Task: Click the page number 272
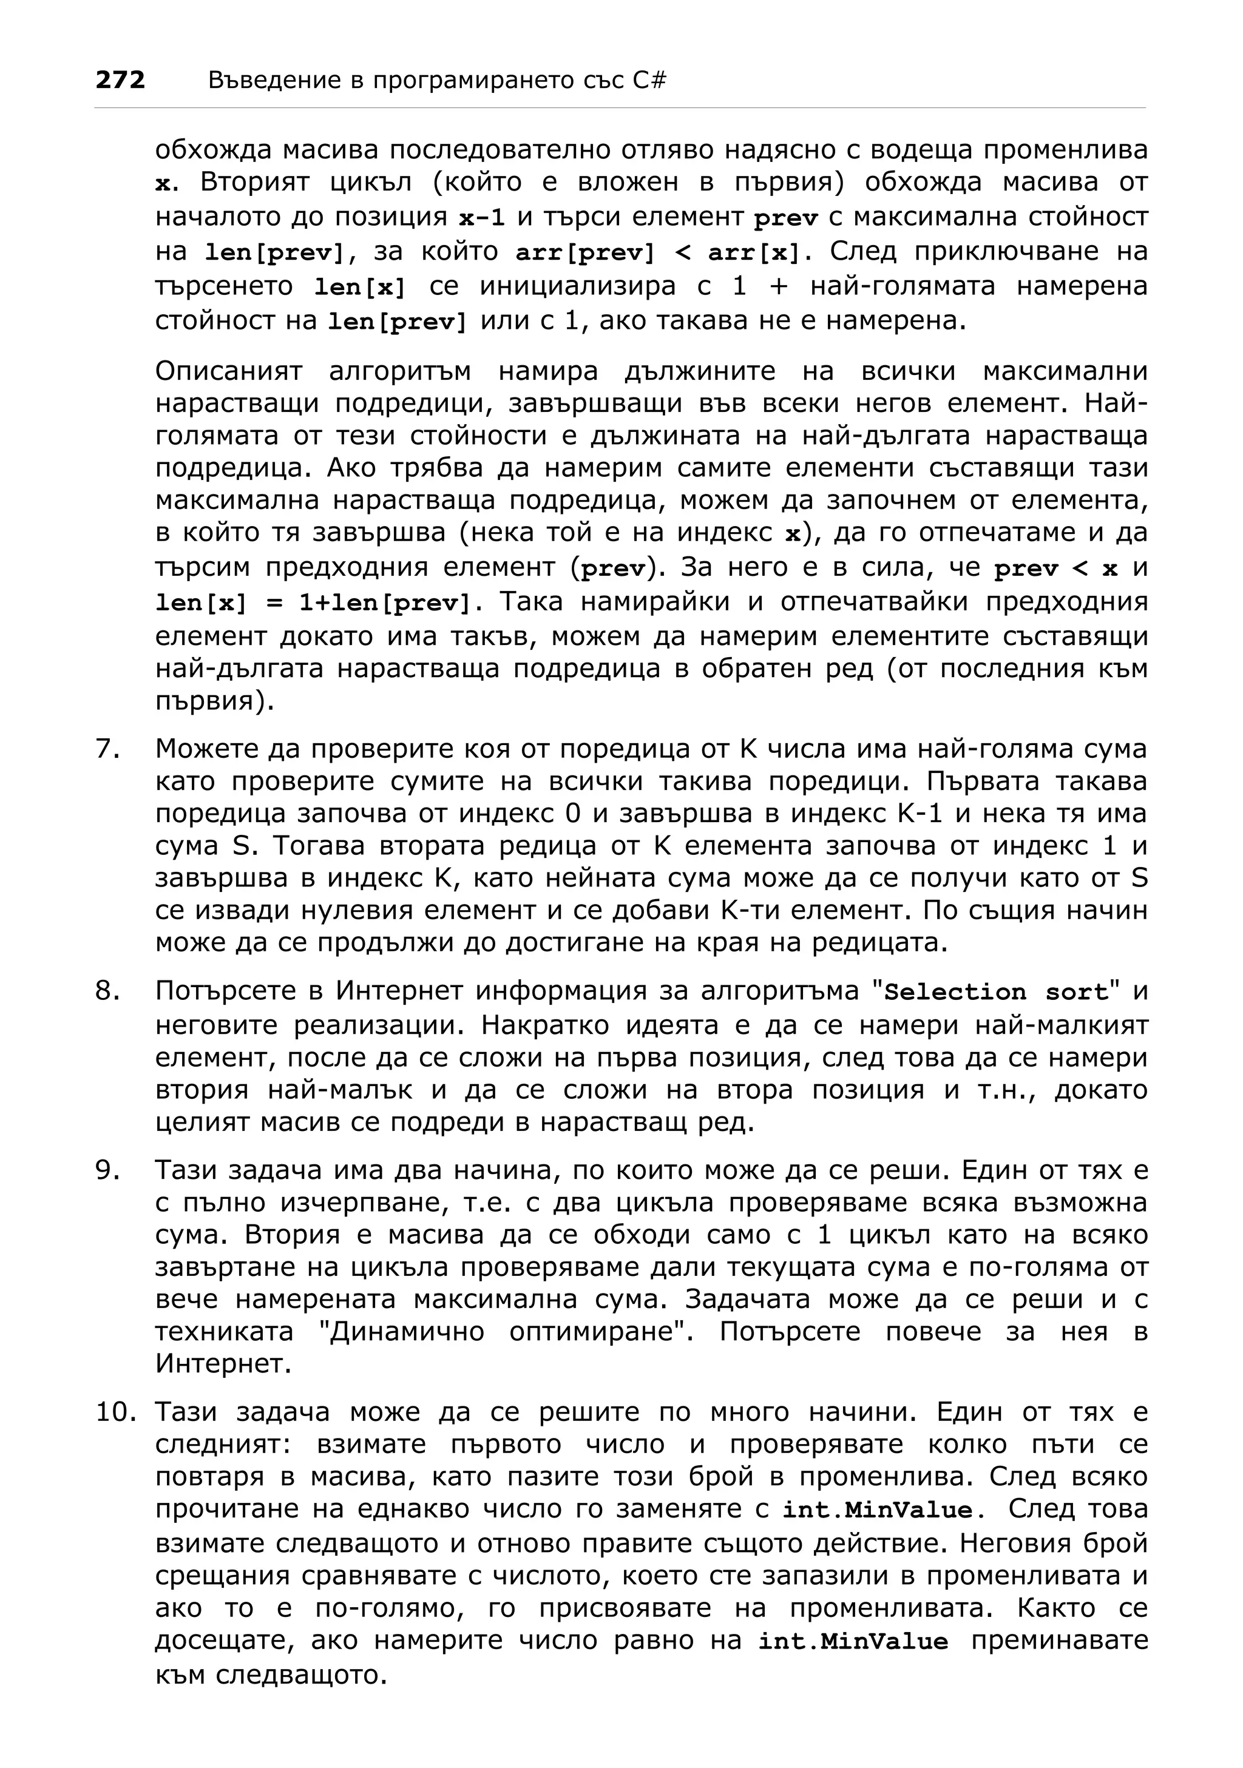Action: click(120, 80)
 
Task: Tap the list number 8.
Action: click(108, 990)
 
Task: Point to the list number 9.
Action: click(108, 1170)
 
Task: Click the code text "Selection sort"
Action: click(998, 992)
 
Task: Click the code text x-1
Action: click(481, 218)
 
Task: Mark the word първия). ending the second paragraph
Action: click(215, 701)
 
